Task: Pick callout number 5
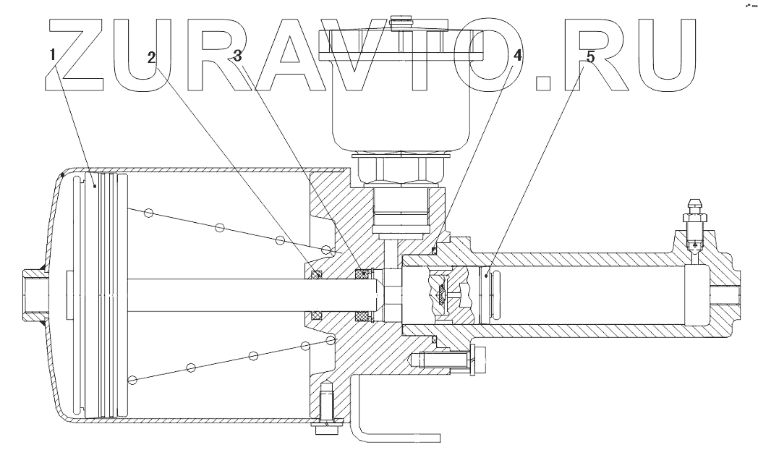(590, 57)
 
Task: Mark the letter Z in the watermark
(82, 54)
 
